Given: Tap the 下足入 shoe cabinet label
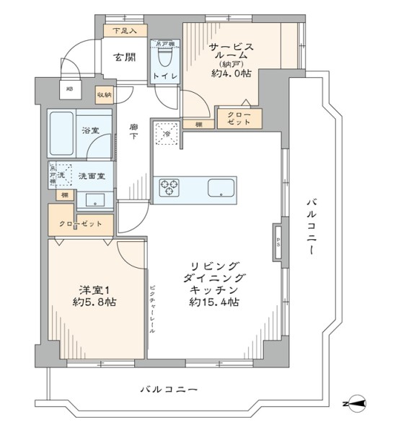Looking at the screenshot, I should [x=125, y=31].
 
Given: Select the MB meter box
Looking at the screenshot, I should [x=70, y=89].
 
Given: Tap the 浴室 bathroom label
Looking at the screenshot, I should [x=89, y=131].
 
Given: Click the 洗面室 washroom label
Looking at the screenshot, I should [x=92, y=176].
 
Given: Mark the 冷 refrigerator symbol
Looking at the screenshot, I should [x=166, y=133].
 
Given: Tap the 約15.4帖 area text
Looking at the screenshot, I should [x=214, y=302].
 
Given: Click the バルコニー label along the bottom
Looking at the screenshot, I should [x=168, y=390].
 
